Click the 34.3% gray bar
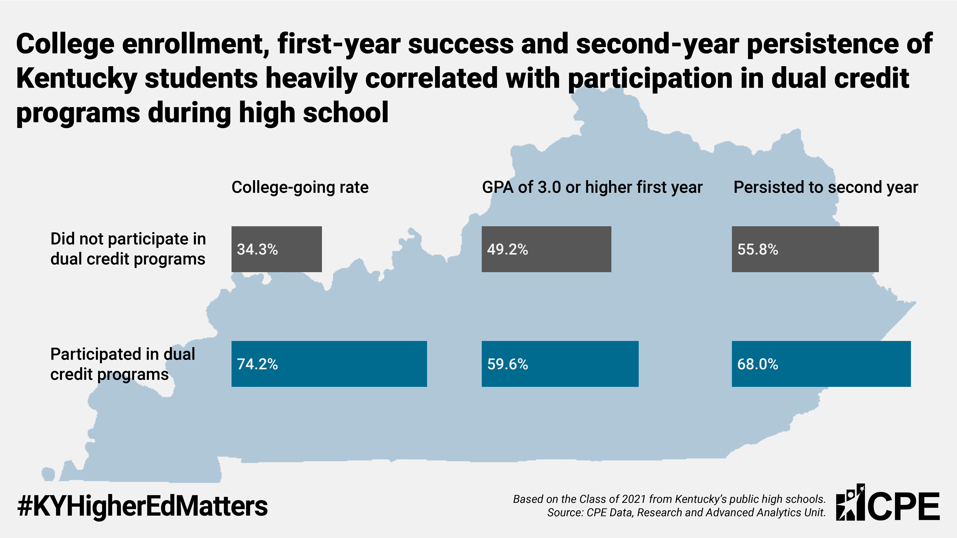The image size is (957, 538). [276, 249]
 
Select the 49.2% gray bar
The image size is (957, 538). [546, 249]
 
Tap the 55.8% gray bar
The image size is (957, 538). [805, 249]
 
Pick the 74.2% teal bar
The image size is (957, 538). [329, 364]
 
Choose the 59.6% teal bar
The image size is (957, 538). [560, 364]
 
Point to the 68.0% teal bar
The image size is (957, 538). [821, 364]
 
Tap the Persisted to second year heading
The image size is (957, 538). [826, 187]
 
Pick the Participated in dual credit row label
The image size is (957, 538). [123, 364]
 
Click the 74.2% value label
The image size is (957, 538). [257, 364]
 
